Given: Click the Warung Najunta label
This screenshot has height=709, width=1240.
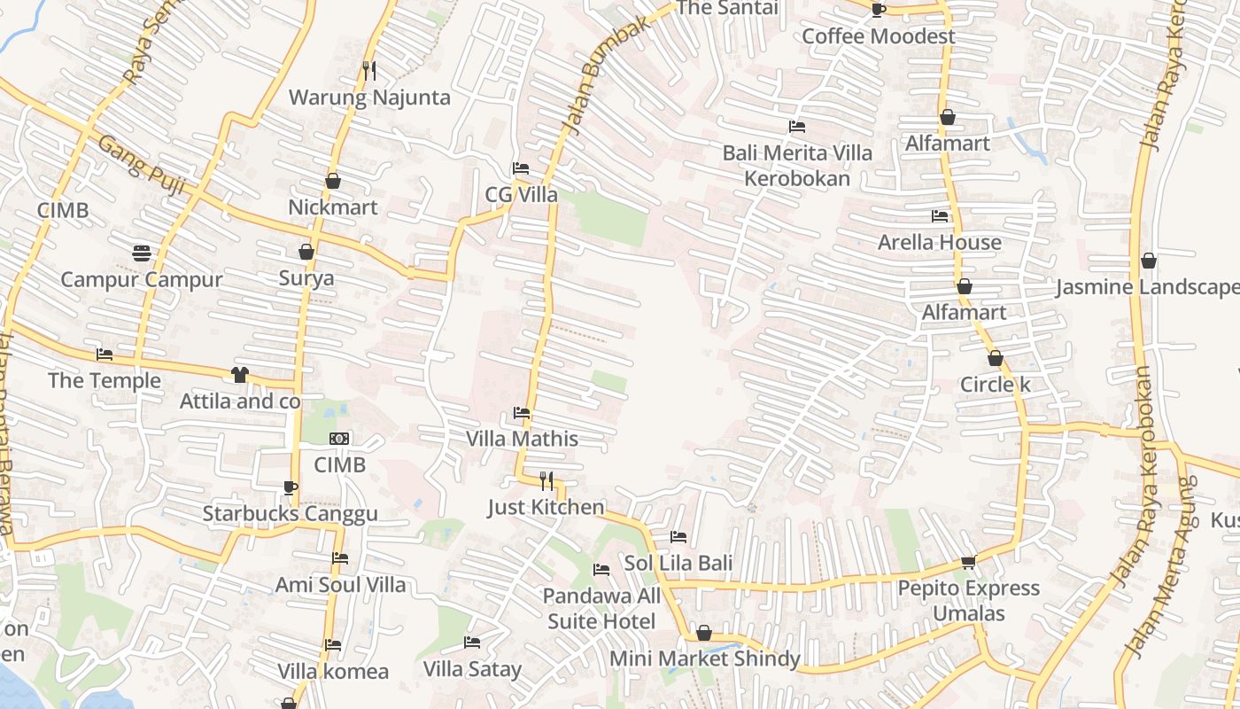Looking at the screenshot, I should (x=369, y=97).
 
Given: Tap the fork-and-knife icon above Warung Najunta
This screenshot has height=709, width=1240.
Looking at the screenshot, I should (x=369, y=70).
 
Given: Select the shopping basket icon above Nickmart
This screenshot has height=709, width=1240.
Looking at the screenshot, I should (x=333, y=181).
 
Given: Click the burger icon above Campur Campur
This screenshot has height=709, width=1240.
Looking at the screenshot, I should (x=141, y=253).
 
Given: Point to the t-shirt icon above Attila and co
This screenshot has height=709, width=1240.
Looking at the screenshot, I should (x=240, y=374).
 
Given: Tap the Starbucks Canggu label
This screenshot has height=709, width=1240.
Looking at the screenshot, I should (x=290, y=514).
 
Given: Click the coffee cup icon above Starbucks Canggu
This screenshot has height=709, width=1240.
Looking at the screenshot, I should (x=290, y=487).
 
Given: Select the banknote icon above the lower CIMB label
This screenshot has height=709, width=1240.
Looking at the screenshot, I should (x=339, y=439).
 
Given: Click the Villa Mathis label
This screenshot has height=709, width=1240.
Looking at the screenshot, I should (x=522, y=439).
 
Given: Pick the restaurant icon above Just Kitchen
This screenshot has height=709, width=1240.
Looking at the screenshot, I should (x=546, y=480).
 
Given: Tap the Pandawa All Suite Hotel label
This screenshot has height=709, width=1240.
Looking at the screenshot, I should (x=601, y=608).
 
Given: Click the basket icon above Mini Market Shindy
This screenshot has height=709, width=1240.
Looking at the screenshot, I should (x=704, y=633).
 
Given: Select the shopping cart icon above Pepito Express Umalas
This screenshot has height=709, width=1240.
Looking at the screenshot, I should (x=968, y=562).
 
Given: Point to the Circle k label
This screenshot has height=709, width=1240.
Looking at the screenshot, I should (x=996, y=386).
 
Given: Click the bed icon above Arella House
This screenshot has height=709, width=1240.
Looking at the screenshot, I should (x=940, y=215).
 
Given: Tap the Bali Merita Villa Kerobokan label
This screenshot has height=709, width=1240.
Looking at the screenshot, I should (x=797, y=165).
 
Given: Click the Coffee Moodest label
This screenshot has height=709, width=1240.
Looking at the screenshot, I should (x=878, y=36).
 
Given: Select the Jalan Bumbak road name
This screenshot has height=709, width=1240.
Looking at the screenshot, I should (x=606, y=75).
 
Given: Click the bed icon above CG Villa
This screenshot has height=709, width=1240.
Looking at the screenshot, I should (x=521, y=168).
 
